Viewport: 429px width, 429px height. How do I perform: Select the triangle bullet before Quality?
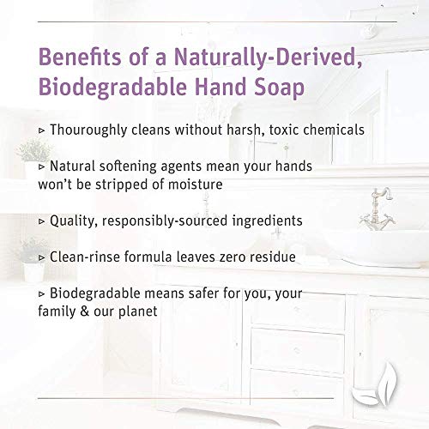[44, 221]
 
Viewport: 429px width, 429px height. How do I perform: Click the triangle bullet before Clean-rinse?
[44, 256]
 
